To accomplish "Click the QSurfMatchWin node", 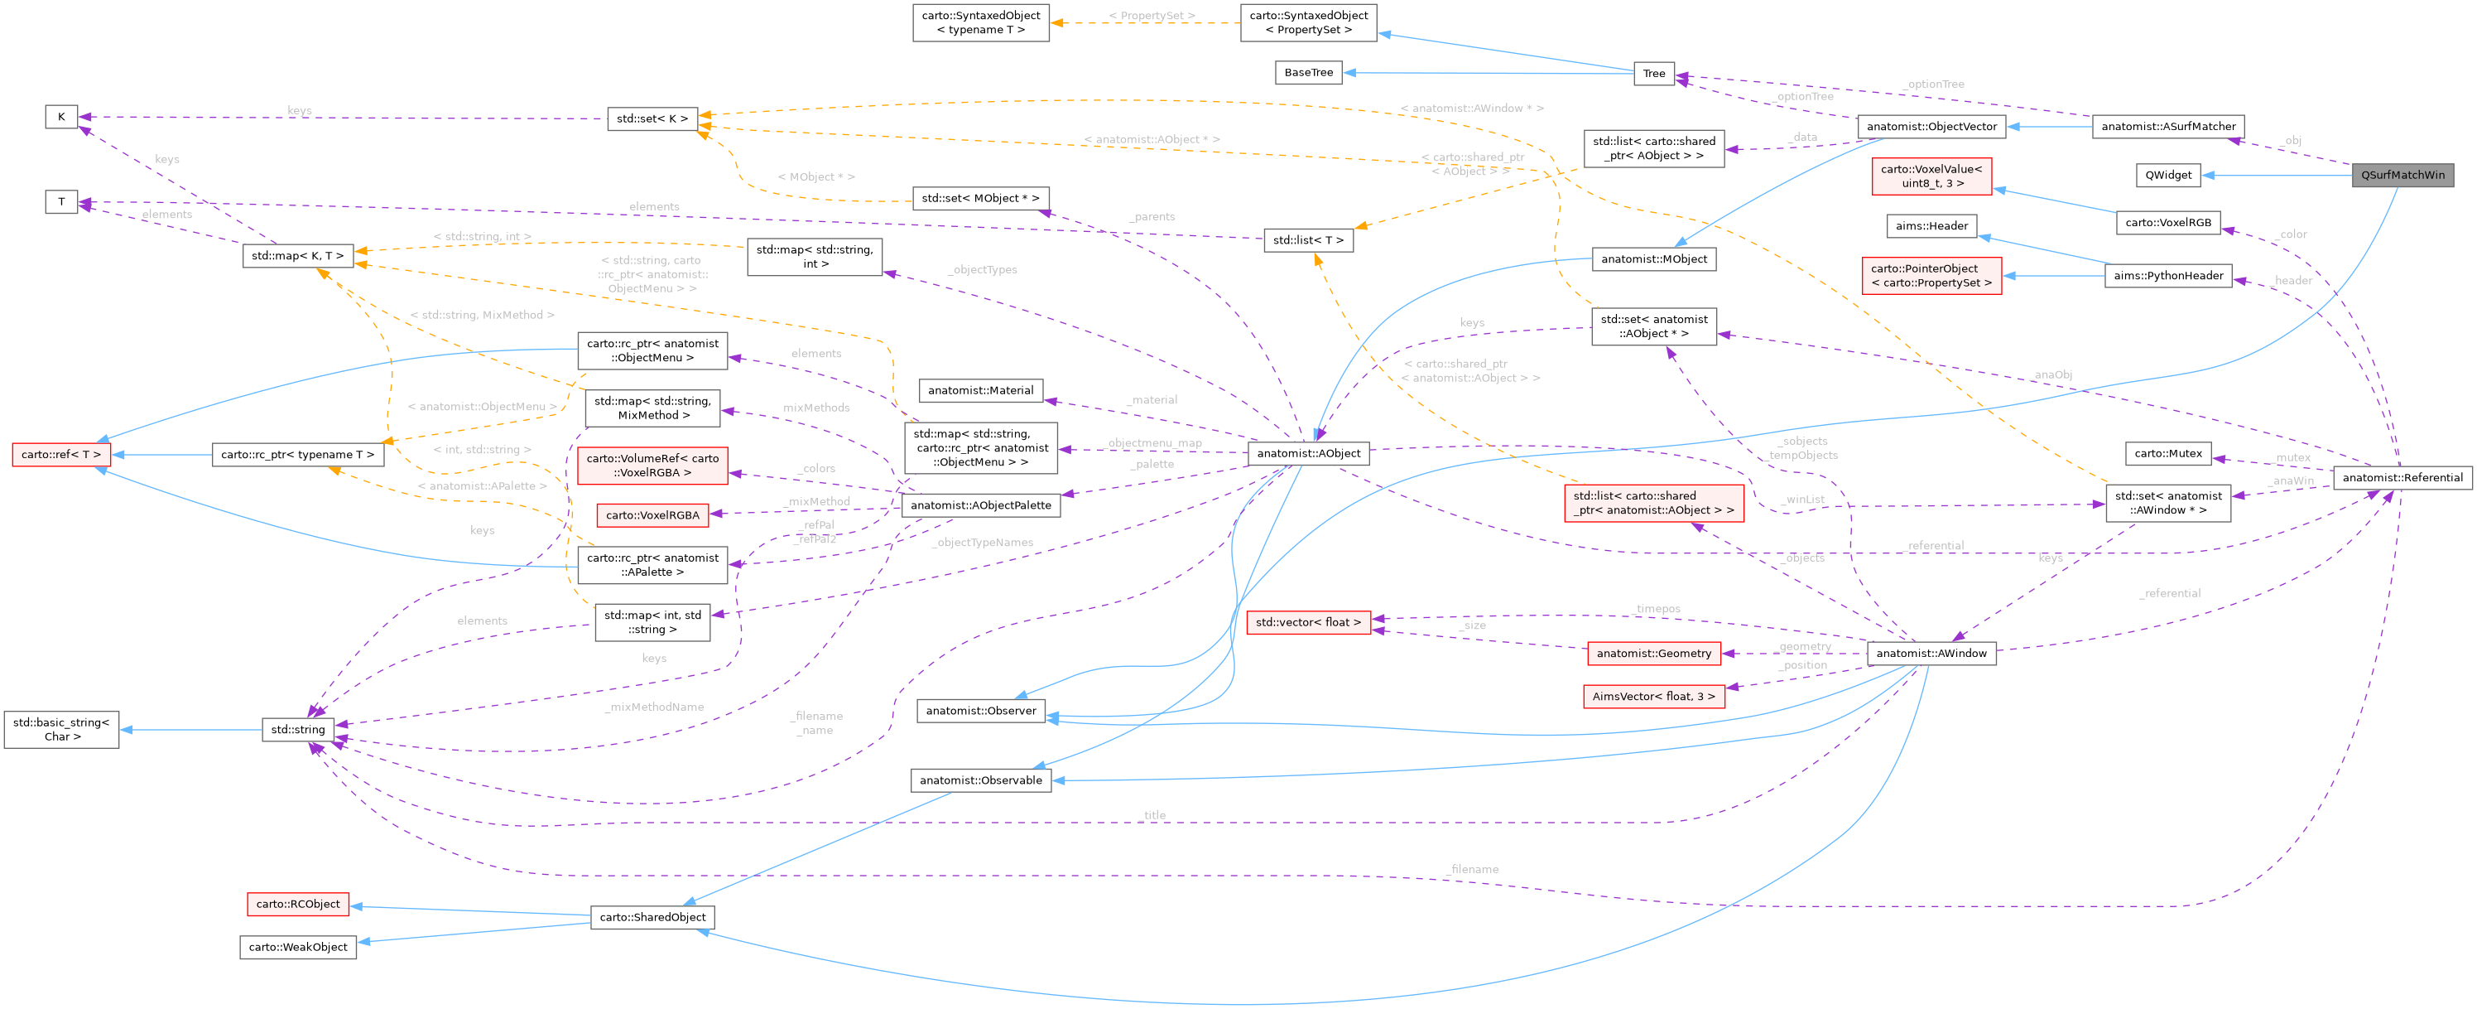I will click(2402, 175).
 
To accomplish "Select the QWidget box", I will click(2168, 175).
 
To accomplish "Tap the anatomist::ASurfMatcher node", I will click(2167, 126).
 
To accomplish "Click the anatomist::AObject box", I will click(1309, 453).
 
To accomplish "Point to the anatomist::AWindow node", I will click(1931, 653).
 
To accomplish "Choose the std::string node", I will click(298, 729).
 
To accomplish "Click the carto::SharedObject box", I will click(652, 917).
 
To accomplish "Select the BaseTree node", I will click(1308, 72).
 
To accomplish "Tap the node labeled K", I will click(60, 116).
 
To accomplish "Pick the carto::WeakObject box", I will click(297, 947).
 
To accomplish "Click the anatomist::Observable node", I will click(980, 780).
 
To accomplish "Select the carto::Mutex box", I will click(2167, 453).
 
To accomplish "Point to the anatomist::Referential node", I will click(2402, 477).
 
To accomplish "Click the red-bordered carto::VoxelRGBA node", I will click(652, 514).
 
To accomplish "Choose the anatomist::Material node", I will click(980, 389).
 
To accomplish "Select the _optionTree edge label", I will click(1934, 84).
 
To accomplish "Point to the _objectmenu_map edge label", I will click(1154, 442).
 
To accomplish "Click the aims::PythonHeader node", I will click(2167, 275).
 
